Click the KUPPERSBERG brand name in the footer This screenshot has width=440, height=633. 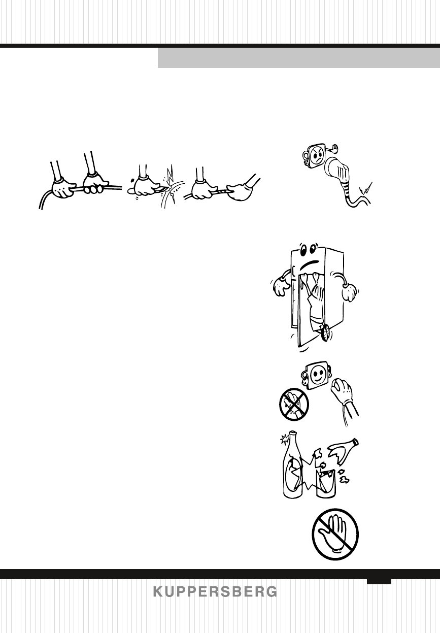tap(215, 592)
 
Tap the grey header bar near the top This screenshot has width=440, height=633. tap(298, 58)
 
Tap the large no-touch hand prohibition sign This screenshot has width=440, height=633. tap(335, 535)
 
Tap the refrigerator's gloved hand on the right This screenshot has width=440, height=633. tap(350, 291)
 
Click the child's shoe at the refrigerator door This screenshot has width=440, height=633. tap(325, 331)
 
